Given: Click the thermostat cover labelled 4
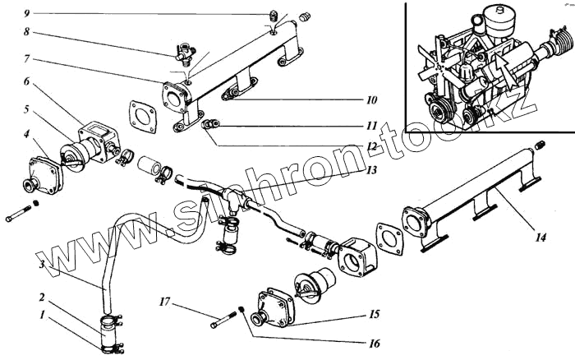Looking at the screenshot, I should coord(44,173).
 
